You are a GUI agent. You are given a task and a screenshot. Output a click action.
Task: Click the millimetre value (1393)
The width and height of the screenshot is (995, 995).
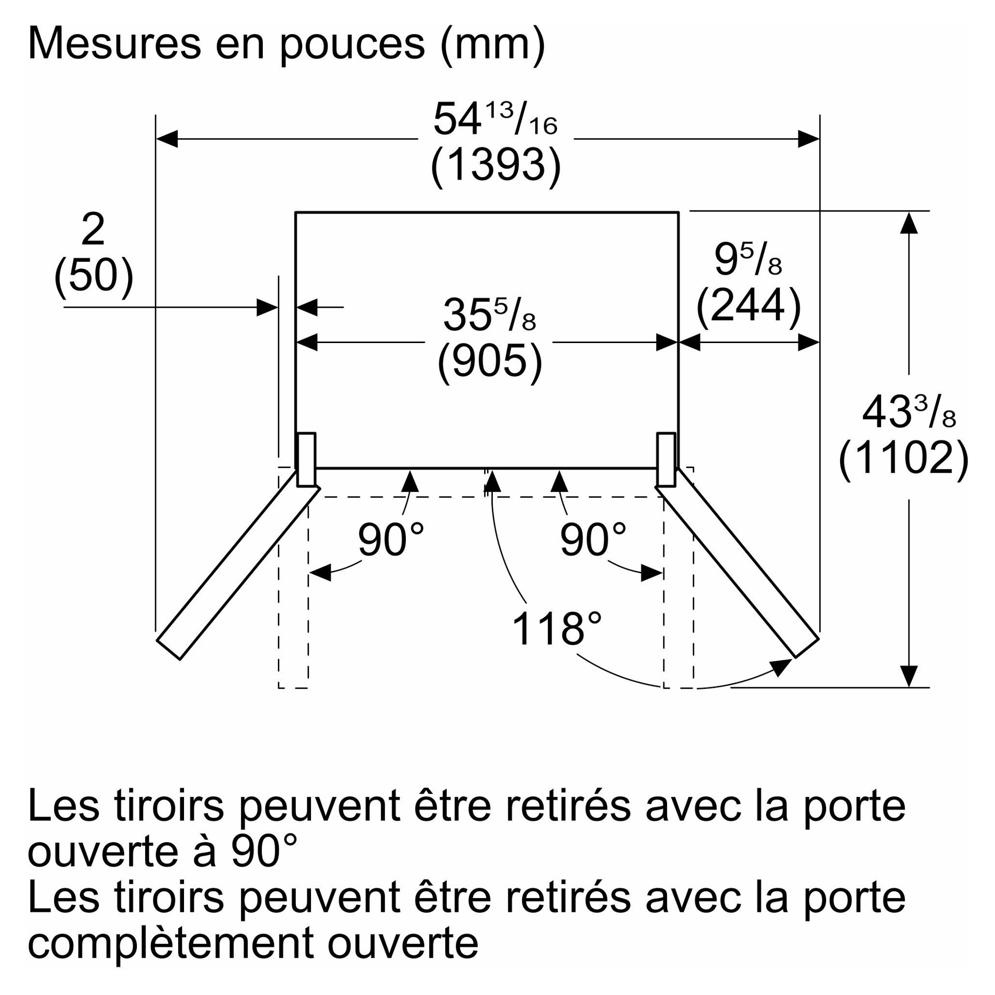[x=495, y=165]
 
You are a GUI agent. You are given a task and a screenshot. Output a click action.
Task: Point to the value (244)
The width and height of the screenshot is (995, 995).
[x=748, y=306]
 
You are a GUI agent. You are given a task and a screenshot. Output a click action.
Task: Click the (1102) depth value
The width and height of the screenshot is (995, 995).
[x=903, y=458]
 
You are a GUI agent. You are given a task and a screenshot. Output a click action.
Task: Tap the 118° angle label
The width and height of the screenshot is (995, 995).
[x=557, y=629]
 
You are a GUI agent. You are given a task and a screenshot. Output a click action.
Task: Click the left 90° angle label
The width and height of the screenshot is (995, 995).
[x=391, y=540]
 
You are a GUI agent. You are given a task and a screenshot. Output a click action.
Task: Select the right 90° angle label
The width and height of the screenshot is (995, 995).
[x=593, y=540]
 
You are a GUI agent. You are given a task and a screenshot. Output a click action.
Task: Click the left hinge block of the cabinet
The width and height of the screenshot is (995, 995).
[x=306, y=459]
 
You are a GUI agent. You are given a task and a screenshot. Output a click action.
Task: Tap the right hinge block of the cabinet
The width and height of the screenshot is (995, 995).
[x=666, y=459]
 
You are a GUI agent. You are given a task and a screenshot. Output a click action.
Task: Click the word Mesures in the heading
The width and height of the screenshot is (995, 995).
[x=114, y=45]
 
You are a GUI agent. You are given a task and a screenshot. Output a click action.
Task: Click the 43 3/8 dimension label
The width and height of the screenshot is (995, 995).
[x=908, y=413]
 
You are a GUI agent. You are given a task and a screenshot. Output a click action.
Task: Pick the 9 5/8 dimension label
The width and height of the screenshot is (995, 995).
[x=747, y=259]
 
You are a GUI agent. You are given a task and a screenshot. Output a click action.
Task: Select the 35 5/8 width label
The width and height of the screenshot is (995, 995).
[x=489, y=315]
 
